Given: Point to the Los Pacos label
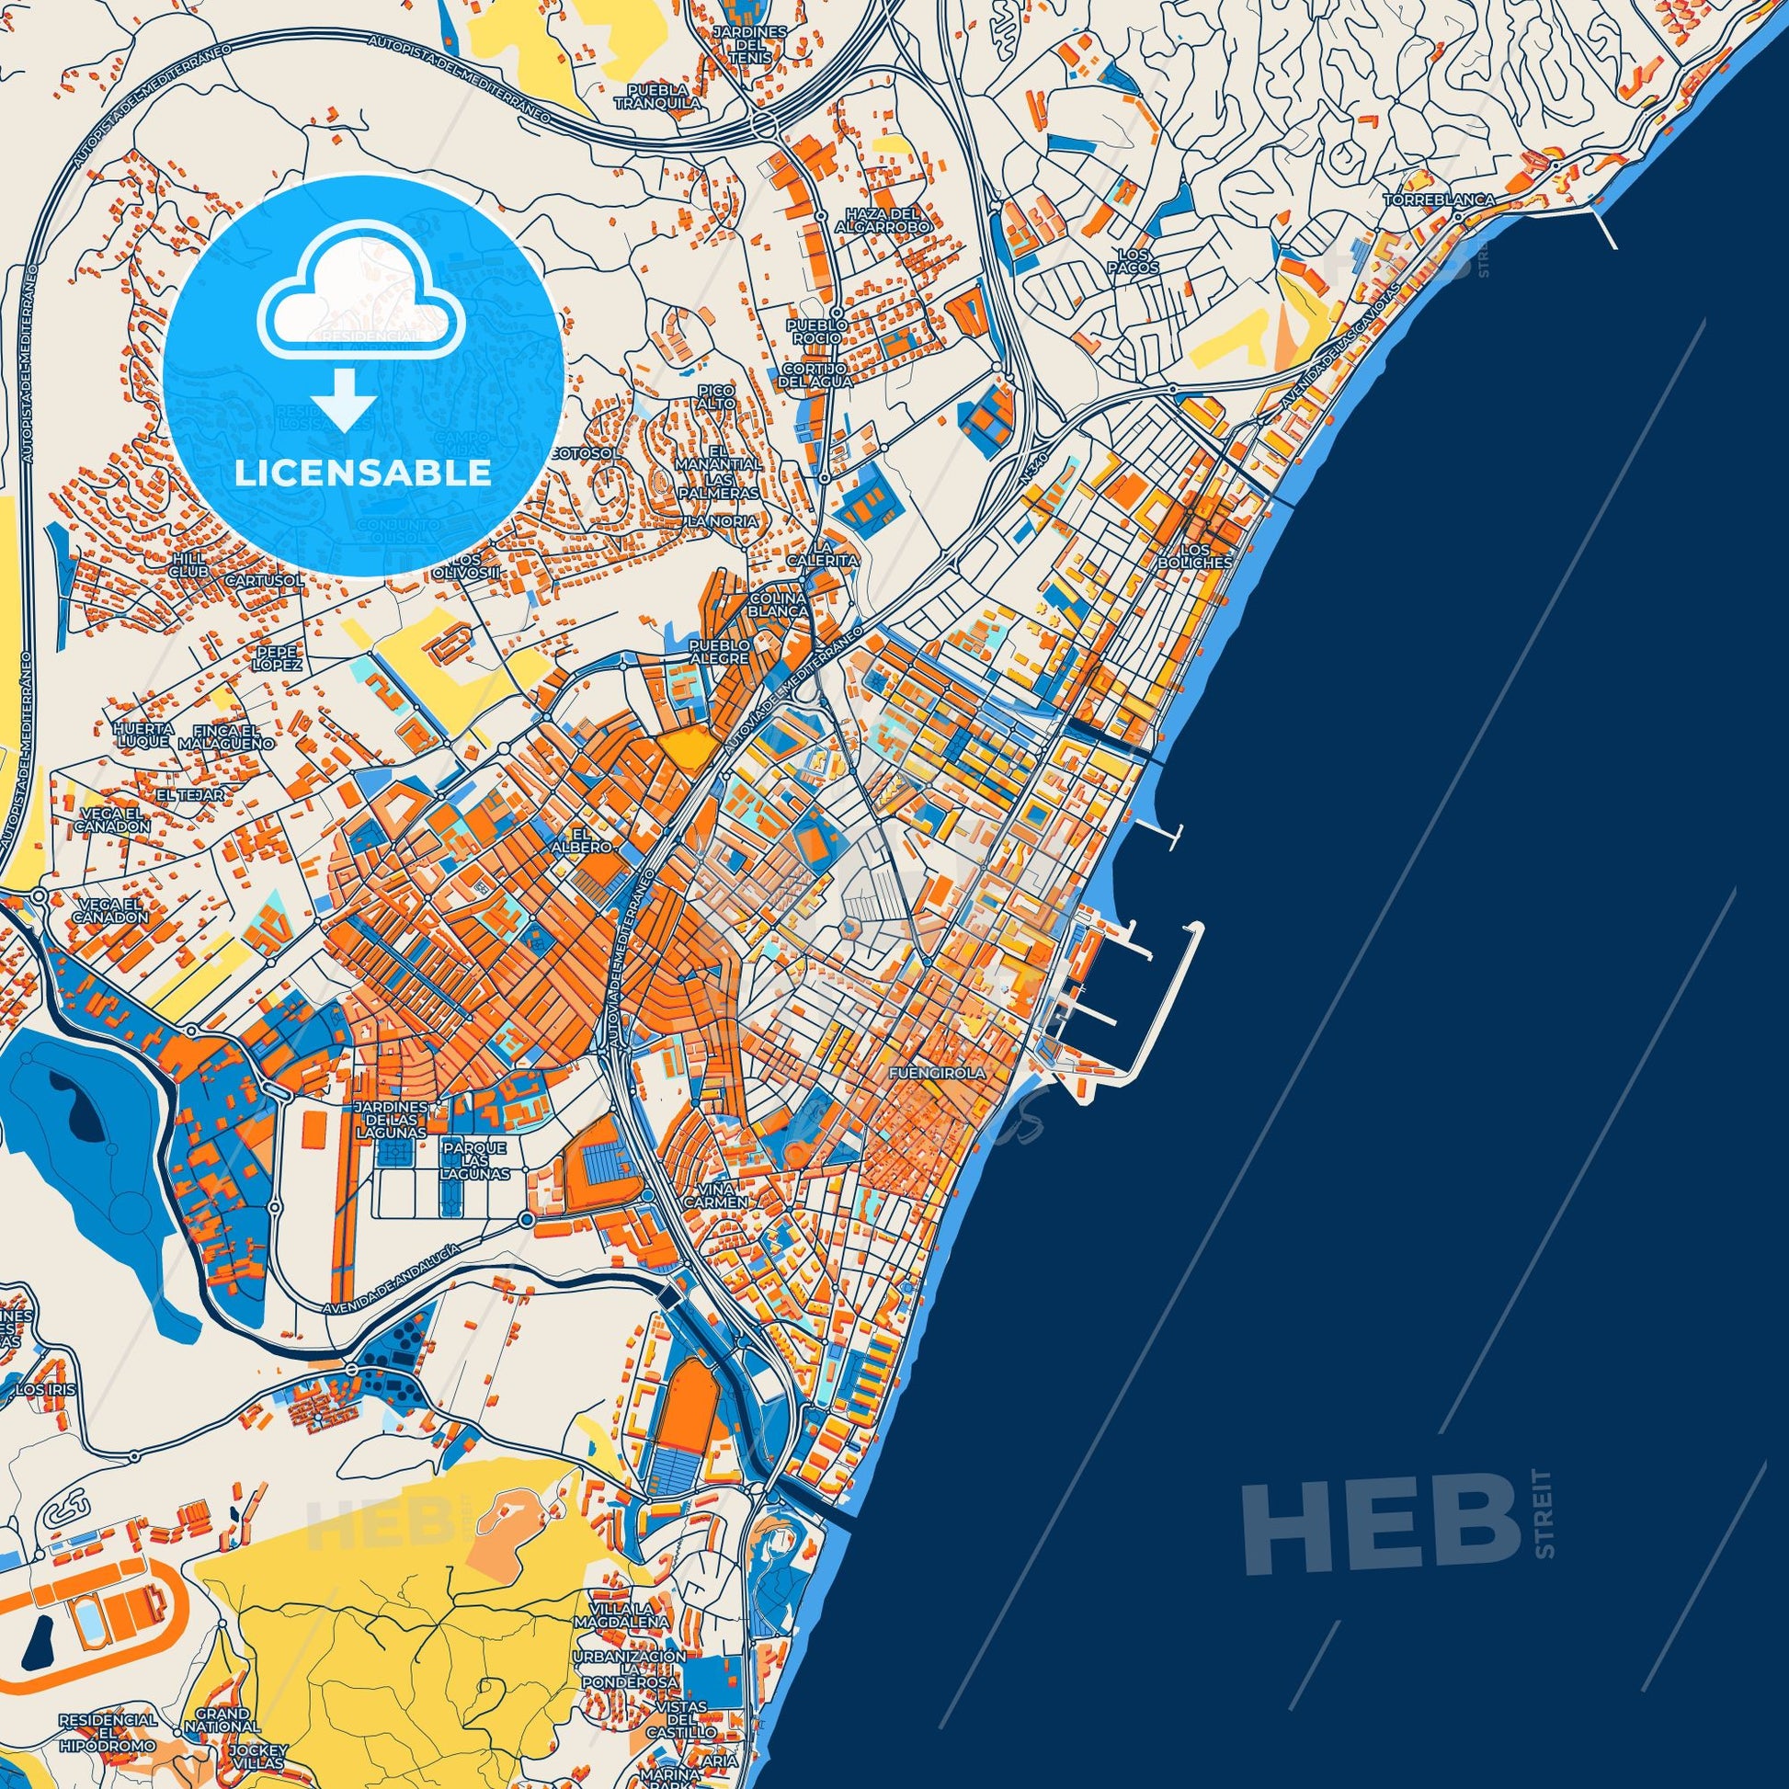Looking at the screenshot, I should [1138, 260].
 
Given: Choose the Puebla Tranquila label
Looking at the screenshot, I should [663, 97].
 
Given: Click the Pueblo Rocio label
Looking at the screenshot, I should [816, 332].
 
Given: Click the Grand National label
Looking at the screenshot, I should [222, 1694].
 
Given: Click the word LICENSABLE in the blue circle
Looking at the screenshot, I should [362, 473].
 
